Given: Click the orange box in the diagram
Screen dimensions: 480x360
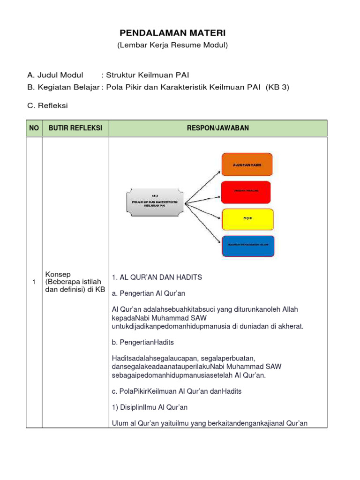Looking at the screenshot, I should (247, 164).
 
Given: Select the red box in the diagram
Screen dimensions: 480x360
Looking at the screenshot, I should (246, 191).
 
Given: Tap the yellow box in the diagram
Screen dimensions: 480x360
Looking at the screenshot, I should (247, 219).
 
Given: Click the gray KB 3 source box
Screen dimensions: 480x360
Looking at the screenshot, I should (154, 202).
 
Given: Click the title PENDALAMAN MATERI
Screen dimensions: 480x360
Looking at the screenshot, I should (172, 33).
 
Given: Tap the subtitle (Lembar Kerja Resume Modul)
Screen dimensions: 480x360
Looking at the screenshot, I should (172, 45).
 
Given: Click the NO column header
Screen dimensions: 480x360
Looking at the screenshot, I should (34, 128).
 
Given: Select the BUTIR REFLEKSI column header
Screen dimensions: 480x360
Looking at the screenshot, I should (75, 128).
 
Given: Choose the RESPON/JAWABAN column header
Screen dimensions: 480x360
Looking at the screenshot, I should (218, 128).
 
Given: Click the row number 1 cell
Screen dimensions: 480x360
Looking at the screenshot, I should (34, 281).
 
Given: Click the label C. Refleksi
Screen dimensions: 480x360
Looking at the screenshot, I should (47, 105).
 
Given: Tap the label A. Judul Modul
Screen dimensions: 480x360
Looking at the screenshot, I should (55, 75).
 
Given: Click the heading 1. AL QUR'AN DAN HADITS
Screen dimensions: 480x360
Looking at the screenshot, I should (157, 277).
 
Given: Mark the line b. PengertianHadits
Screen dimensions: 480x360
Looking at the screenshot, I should (143, 342).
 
